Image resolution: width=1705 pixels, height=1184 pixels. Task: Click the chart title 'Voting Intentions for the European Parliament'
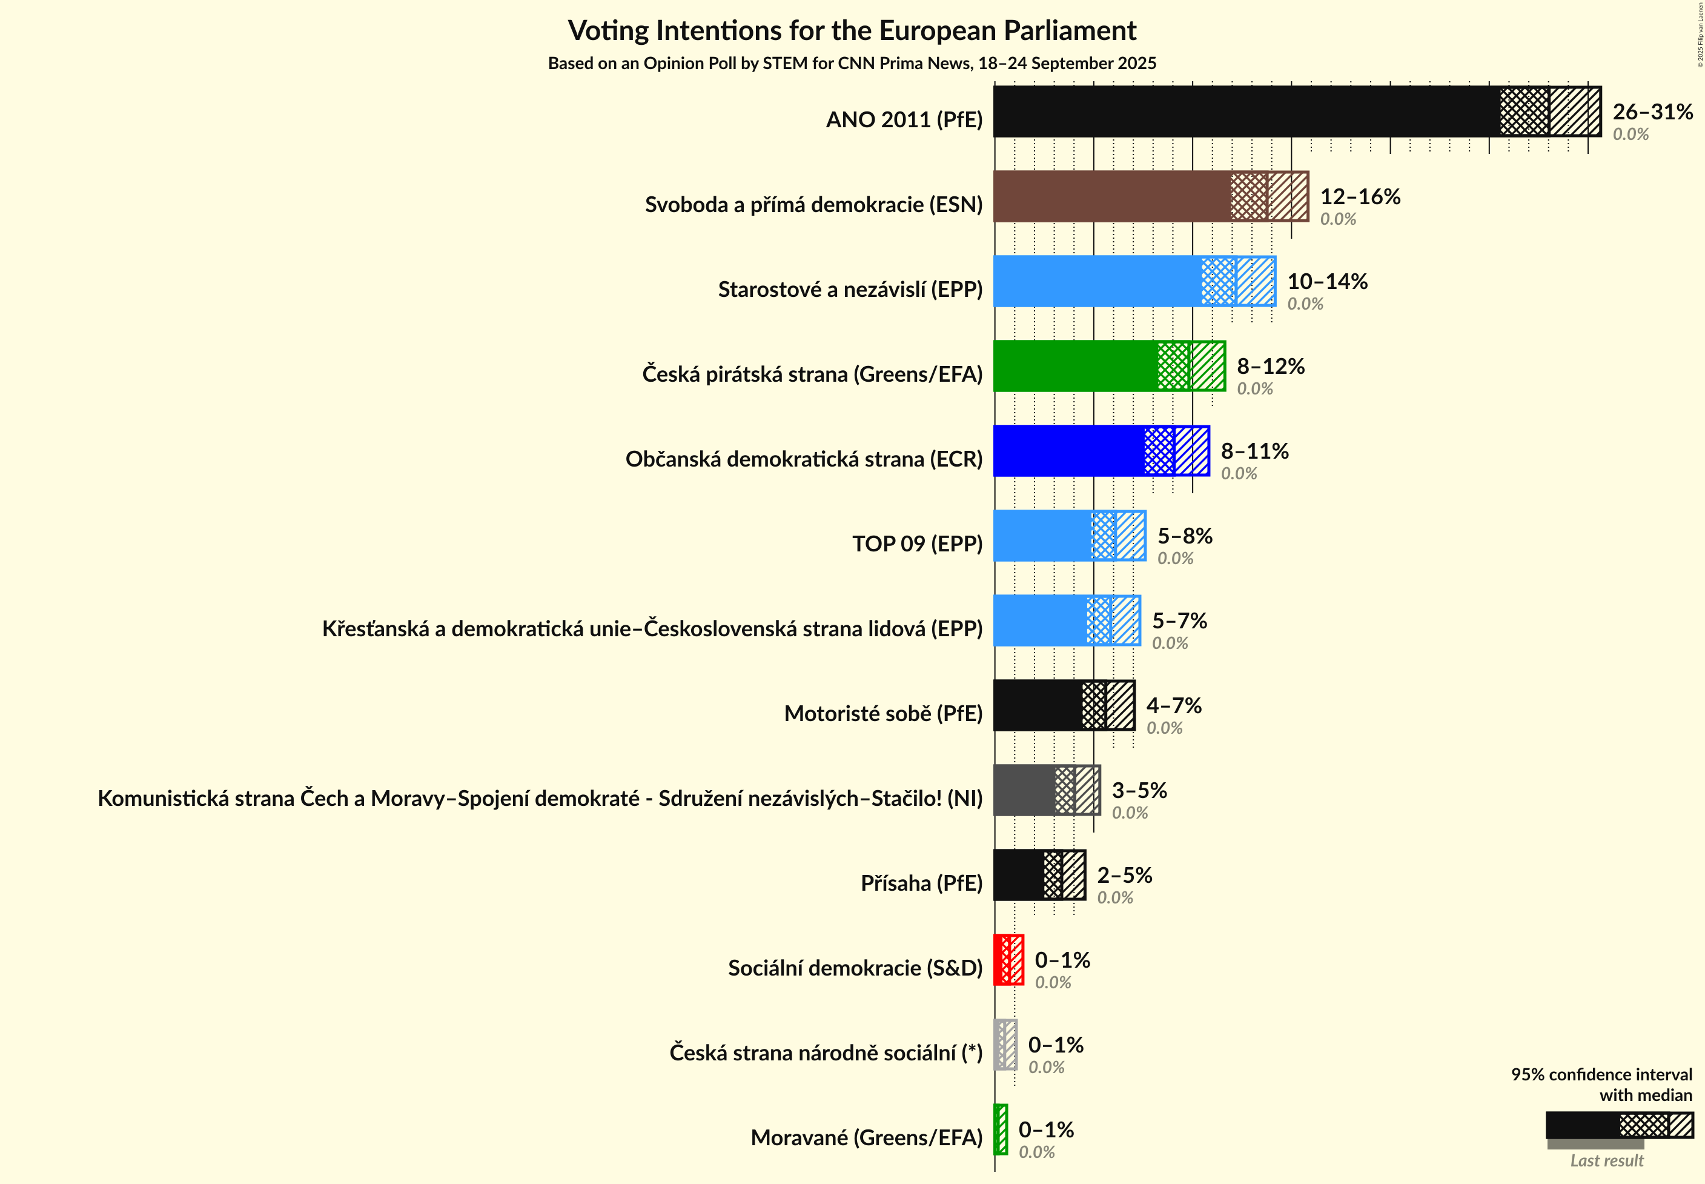852,31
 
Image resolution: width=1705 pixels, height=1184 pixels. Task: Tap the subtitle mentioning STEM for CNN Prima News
852,64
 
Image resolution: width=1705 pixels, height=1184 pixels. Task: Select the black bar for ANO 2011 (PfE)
1246,111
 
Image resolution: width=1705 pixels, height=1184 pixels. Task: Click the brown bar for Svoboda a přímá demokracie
1113,196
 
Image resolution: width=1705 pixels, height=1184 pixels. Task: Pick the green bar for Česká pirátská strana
1075,366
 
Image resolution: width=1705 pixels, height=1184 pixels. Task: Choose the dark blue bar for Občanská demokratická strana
1068,451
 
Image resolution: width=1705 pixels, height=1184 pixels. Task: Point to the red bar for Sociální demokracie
1008,960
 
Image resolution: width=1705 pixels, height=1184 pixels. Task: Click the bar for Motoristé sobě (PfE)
1038,705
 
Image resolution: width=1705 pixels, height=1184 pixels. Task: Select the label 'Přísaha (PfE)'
921,883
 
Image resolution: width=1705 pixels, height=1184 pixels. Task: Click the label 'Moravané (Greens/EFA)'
866,1137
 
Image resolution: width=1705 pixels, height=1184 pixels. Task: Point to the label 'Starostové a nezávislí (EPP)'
850,289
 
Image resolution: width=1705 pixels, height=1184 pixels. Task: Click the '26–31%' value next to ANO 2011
1652,112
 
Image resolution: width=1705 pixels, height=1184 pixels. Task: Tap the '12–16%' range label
1360,196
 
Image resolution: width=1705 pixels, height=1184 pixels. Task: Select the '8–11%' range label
1255,451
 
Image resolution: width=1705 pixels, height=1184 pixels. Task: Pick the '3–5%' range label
1139,790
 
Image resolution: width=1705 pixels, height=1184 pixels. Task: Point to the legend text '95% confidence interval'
1601,1074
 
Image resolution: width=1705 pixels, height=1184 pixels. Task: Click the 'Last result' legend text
1606,1161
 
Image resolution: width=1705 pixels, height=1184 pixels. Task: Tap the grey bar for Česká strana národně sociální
1005,1045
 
